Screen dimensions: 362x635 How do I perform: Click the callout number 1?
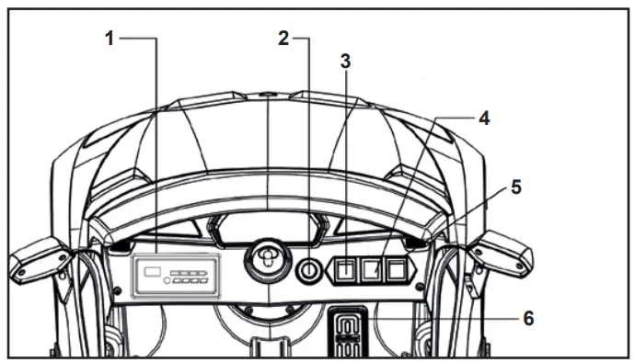(x=110, y=39)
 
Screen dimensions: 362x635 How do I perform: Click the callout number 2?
(x=284, y=38)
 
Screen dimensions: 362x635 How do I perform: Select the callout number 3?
(x=345, y=62)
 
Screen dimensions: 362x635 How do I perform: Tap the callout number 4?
(x=483, y=118)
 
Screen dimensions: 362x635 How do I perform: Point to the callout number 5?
(x=515, y=187)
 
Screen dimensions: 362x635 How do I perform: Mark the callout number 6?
(x=527, y=318)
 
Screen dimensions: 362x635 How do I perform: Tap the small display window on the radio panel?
(x=153, y=271)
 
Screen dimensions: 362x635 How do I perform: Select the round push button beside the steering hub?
(x=310, y=271)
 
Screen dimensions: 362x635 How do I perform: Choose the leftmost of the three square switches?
(x=347, y=270)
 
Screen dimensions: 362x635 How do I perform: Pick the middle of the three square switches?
(x=371, y=270)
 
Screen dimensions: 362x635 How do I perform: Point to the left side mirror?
(x=40, y=256)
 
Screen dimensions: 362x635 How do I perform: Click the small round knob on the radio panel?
(x=167, y=281)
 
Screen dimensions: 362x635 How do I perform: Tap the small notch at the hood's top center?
(x=268, y=94)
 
